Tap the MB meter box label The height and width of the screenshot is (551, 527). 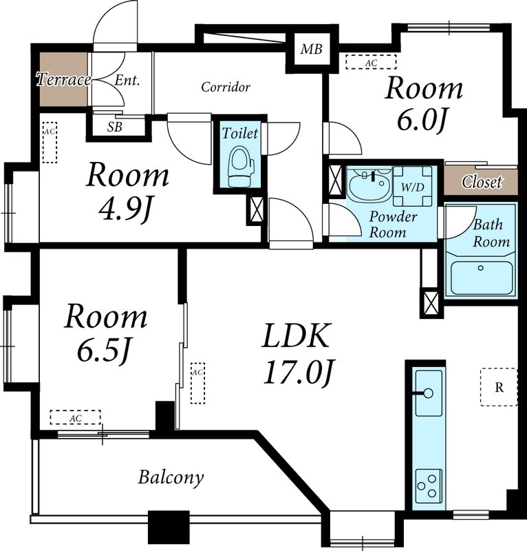[x=312, y=49]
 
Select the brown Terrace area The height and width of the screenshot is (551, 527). [x=63, y=79]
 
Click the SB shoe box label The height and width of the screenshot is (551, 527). [x=115, y=127]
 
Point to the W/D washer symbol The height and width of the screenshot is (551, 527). [x=413, y=186]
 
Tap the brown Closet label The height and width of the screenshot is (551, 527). [x=482, y=182]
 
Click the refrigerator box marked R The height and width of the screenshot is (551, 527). [x=499, y=387]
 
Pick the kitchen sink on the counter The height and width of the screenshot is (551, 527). [x=429, y=393]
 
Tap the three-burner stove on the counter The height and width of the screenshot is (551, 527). [x=429, y=488]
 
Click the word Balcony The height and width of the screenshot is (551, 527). [x=171, y=478]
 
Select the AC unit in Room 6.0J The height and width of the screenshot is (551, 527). [x=371, y=62]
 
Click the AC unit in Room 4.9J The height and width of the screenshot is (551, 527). [x=50, y=142]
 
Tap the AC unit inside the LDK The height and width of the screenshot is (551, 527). [x=197, y=383]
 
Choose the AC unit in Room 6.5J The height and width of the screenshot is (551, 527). [x=76, y=417]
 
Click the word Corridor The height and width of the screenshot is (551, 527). [x=226, y=87]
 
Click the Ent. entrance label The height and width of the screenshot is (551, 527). [x=127, y=81]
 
